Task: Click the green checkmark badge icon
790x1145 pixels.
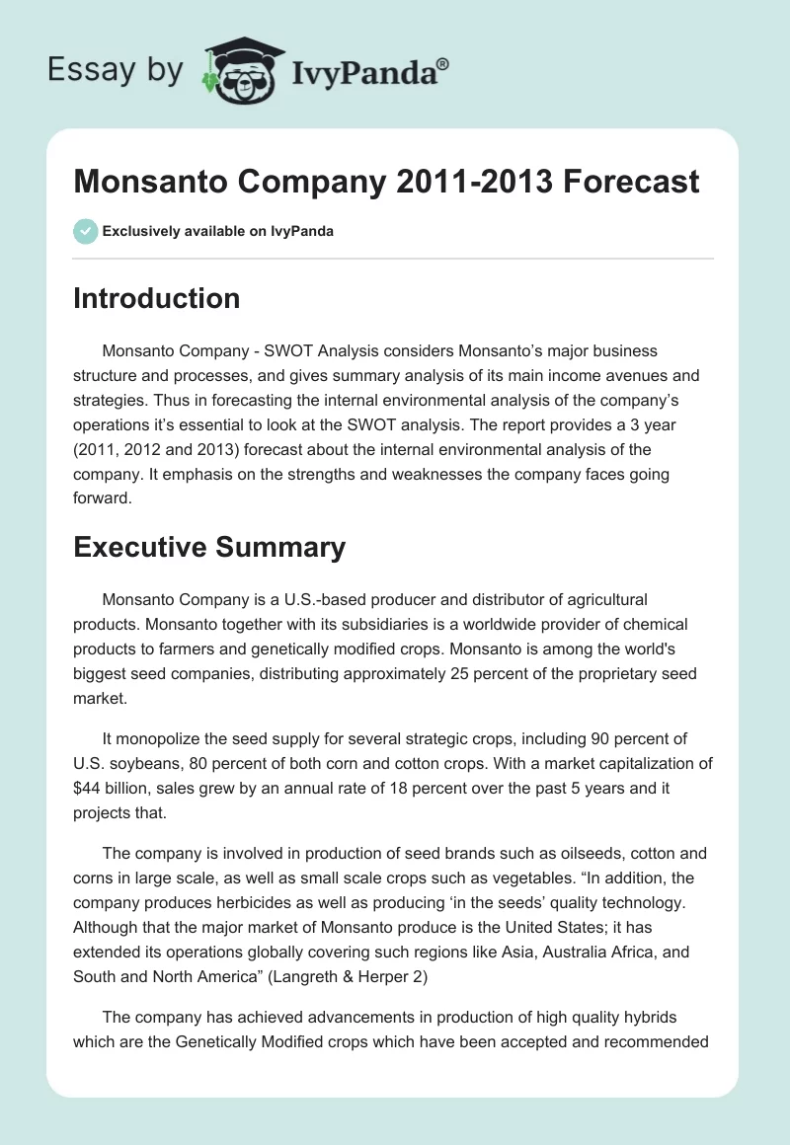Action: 85,231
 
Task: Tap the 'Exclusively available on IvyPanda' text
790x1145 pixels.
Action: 218,232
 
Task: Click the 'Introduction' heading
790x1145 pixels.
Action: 156,298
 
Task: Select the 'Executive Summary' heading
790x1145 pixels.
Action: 208,547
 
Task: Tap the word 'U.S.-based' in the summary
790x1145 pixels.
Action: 327,599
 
